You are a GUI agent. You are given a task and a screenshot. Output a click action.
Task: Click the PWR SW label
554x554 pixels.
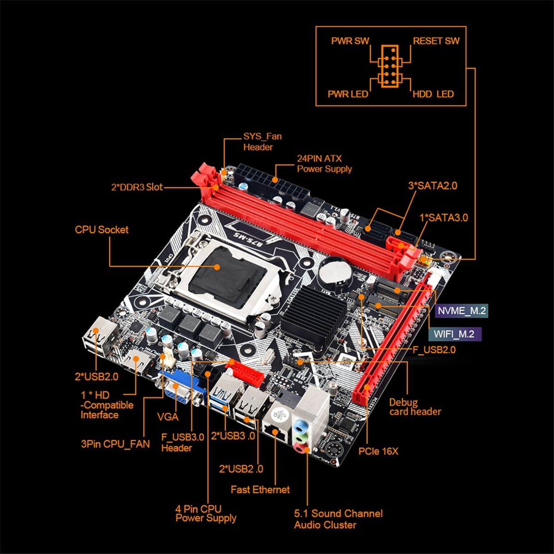tap(350, 41)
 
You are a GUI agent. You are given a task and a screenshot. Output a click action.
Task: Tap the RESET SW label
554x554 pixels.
tap(436, 41)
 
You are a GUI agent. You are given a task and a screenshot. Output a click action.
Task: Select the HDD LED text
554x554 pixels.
tap(433, 94)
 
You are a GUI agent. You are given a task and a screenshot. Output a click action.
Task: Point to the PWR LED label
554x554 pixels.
tap(348, 94)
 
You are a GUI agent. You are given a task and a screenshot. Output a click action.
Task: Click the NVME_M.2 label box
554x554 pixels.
tap(461, 311)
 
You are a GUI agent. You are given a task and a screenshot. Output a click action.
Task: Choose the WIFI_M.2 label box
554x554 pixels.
tap(455, 334)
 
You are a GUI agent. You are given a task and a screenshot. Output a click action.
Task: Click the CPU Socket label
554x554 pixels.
tap(102, 230)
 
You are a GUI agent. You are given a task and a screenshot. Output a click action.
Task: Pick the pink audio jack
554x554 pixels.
tap(301, 448)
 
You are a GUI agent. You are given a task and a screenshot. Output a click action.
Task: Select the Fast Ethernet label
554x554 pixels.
tap(260, 490)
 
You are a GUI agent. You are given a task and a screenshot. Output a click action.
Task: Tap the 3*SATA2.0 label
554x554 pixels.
tap(433, 186)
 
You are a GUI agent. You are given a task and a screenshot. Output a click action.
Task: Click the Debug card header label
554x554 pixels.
tap(415, 407)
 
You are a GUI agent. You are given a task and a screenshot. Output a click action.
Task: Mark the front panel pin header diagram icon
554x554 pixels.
tap(390, 66)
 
